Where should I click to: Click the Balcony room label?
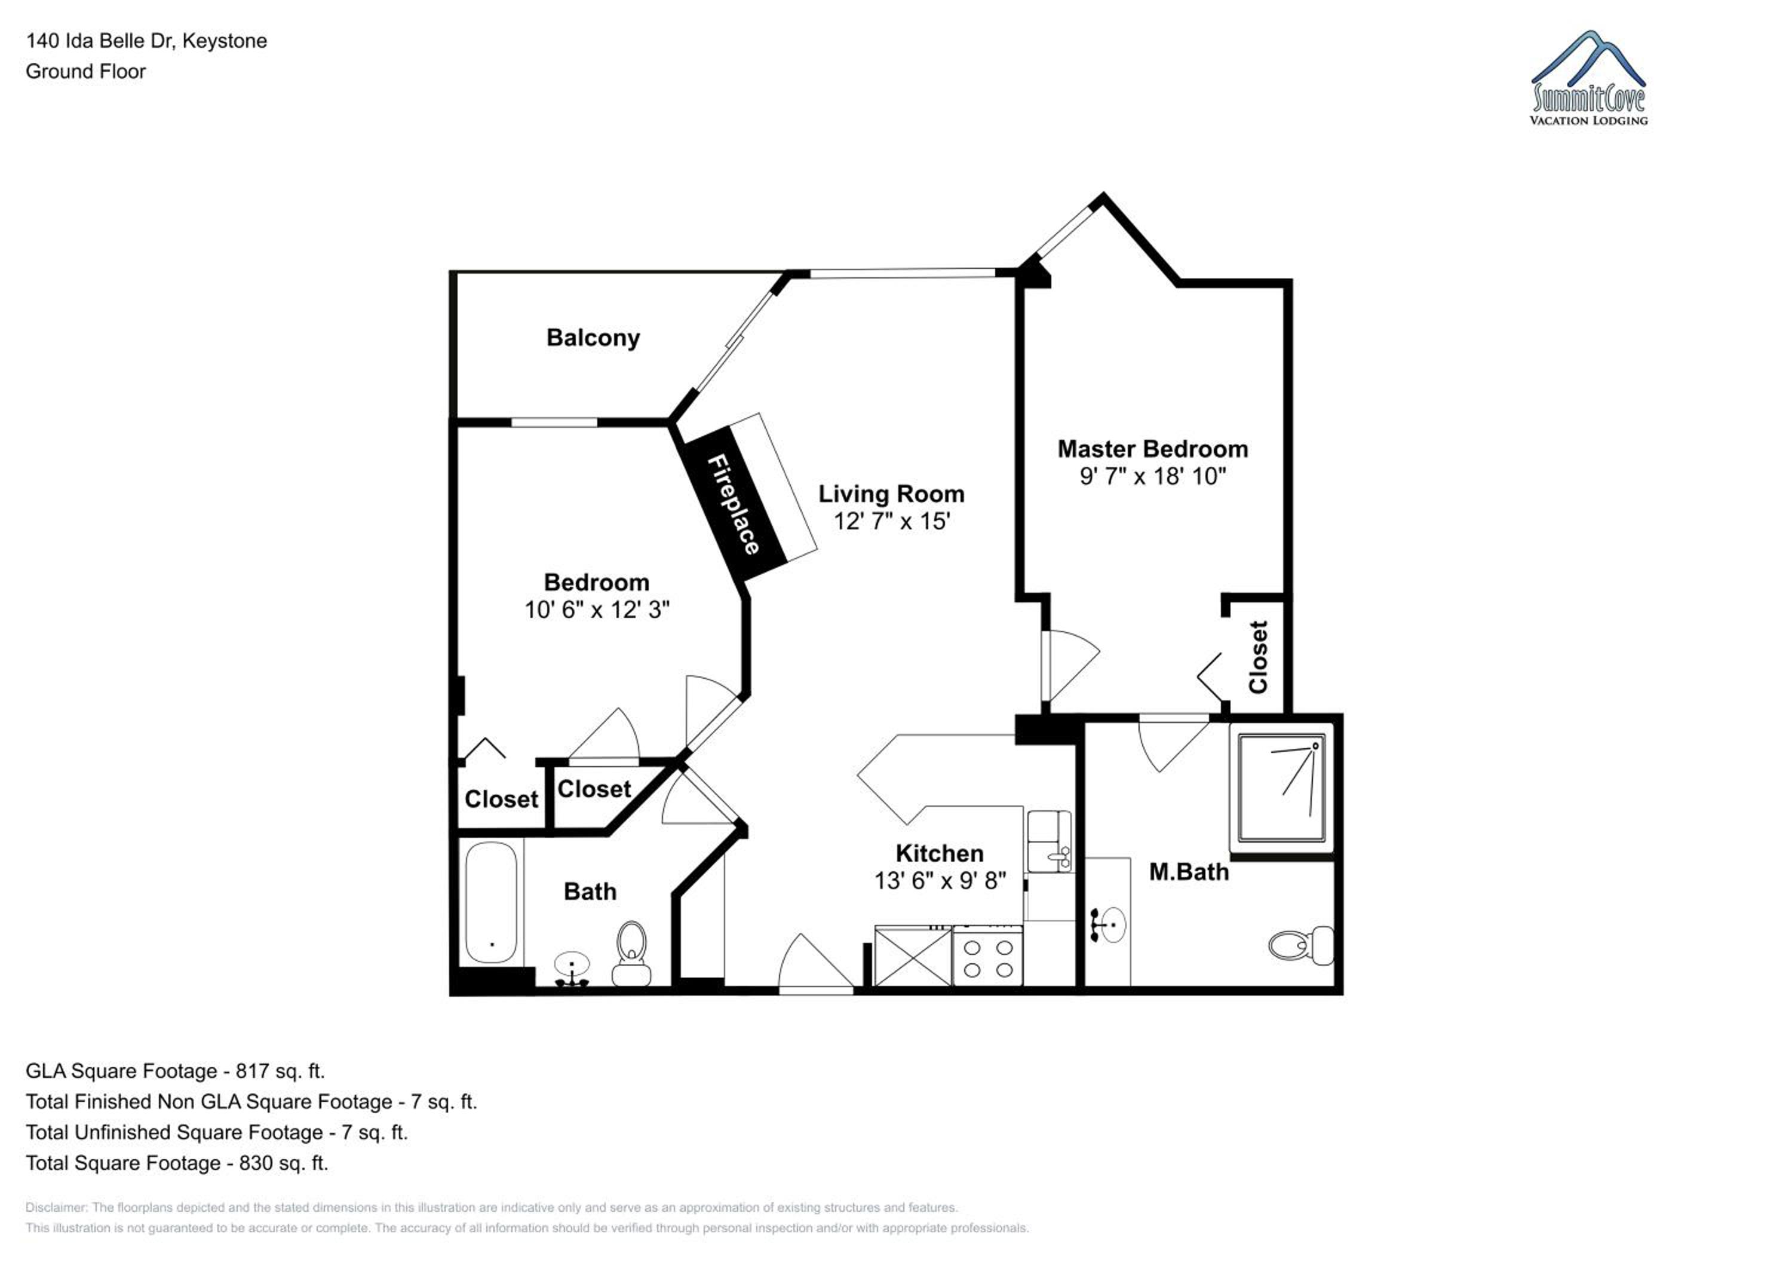[x=593, y=338]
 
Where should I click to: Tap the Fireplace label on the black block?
[x=733, y=504]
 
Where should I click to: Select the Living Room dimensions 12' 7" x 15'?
[x=891, y=521]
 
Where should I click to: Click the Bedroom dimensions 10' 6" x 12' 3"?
[x=597, y=609]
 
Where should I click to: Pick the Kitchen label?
[x=940, y=853]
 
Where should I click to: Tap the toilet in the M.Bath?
[x=1301, y=945]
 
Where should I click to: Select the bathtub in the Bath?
[x=491, y=902]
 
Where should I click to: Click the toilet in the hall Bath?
[x=631, y=953]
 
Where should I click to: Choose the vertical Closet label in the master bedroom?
[x=1258, y=657]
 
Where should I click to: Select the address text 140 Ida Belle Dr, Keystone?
[x=147, y=41]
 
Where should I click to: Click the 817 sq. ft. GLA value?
[x=280, y=1071]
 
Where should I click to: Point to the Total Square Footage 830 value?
[x=283, y=1163]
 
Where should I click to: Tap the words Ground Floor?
[x=86, y=72]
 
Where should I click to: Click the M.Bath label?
[x=1189, y=872]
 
